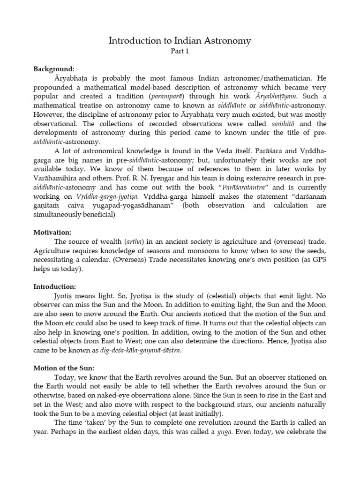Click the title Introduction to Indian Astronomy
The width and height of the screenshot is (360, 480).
click(180, 41)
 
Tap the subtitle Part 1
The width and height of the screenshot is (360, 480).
click(180, 52)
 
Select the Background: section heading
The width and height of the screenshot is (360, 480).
click(54, 69)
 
